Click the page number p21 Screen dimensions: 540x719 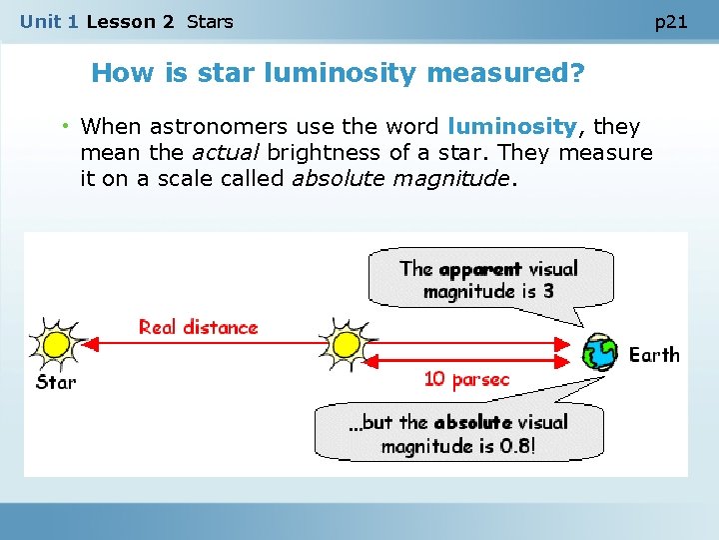pos(671,22)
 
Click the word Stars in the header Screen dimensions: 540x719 pos(210,21)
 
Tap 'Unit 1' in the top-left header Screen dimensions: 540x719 pos(48,21)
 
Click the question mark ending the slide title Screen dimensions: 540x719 pos(577,73)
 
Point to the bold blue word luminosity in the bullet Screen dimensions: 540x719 pos(512,127)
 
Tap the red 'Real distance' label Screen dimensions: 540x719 pos(198,327)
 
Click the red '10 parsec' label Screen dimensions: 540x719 pos(466,380)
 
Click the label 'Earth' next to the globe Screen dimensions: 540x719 pos(654,355)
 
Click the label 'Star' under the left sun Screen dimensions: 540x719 pos(56,382)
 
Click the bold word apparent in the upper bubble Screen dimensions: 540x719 pos(479,269)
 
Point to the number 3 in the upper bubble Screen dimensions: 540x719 pos(548,292)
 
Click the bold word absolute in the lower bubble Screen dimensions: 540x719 pos(472,422)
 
